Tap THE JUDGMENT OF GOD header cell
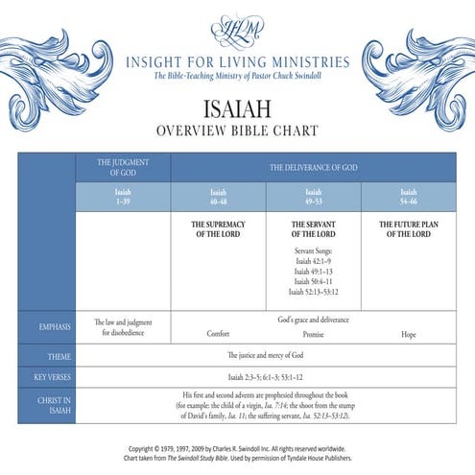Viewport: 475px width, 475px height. [123, 167]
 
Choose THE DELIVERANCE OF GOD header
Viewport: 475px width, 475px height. [312, 167]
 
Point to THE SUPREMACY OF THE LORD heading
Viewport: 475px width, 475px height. [218, 228]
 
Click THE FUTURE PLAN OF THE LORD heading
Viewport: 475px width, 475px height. [408, 228]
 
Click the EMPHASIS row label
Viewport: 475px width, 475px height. [47, 327]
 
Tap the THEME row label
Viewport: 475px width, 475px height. [47, 356]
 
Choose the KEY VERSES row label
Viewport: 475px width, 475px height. [47, 377]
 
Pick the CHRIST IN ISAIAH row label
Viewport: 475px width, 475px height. [47, 404]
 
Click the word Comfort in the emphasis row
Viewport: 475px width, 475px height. [218, 334]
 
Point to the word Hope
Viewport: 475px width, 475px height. [408, 334]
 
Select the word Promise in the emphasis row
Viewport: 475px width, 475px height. [313, 334]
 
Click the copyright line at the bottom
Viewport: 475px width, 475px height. [237, 448]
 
